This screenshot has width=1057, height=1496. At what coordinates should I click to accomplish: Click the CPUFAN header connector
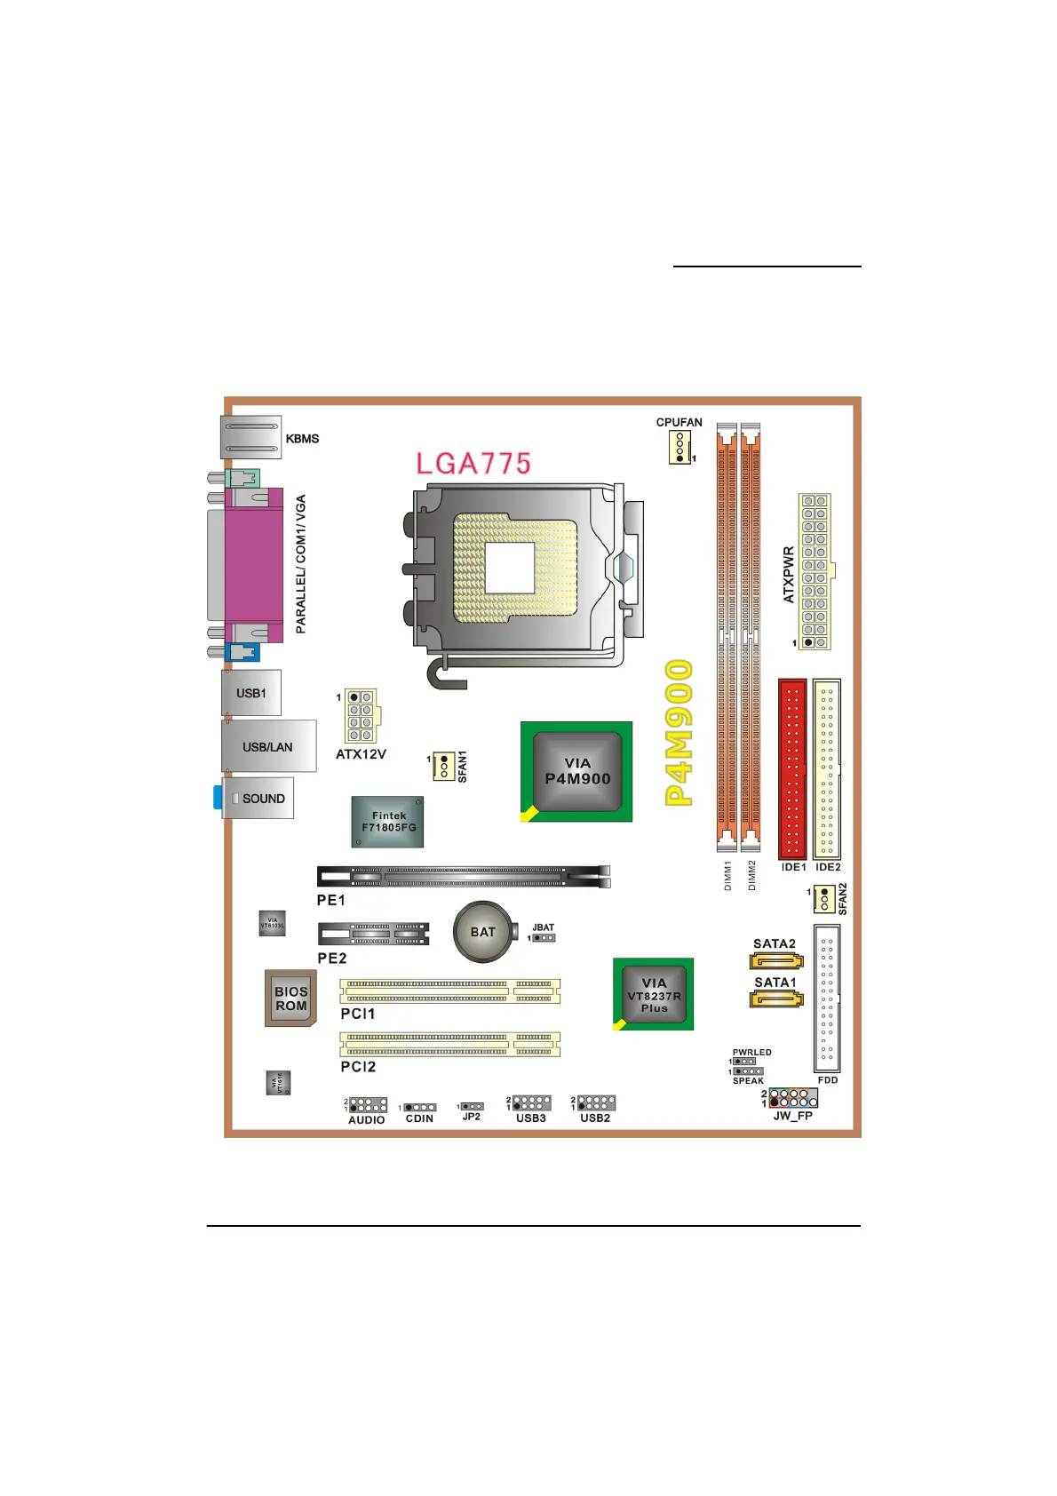click(679, 446)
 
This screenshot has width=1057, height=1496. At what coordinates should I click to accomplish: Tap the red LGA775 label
click(473, 463)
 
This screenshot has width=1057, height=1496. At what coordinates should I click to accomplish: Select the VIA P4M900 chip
click(576, 771)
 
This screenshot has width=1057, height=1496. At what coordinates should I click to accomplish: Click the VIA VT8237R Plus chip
click(654, 995)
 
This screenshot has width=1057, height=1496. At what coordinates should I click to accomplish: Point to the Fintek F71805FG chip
click(388, 822)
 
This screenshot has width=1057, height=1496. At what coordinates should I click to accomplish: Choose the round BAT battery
click(482, 932)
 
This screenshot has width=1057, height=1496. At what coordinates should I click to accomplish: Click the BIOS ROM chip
click(290, 999)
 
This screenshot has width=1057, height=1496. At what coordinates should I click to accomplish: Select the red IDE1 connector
click(792, 768)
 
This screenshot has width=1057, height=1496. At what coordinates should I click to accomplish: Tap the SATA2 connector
click(776, 960)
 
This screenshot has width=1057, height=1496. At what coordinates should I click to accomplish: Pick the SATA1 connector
click(776, 999)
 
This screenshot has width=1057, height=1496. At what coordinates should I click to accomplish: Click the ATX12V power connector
click(361, 716)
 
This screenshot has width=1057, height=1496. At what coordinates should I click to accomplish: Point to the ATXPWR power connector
click(815, 571)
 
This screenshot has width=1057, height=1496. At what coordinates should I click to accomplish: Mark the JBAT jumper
click(543, 937)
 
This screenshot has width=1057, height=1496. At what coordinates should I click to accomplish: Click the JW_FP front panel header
click(792, 1097)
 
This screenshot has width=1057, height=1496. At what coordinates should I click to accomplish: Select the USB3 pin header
click(531, 1103)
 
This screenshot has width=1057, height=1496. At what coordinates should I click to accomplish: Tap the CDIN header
click(420, 1108)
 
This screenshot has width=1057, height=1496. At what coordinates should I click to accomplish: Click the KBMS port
click(251, 437)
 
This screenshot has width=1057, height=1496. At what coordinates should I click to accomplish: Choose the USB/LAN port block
click(268, 746)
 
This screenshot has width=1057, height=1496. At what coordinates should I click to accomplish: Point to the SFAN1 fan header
click(444, 766)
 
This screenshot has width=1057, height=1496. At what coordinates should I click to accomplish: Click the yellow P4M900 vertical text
click(679, 733)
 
